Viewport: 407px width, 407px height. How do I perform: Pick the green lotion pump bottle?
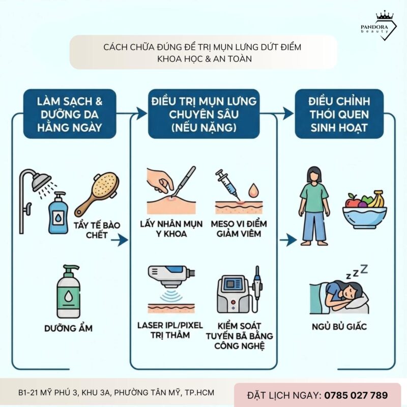[69, 289]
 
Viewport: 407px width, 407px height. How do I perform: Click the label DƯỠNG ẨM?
[69, 328]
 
